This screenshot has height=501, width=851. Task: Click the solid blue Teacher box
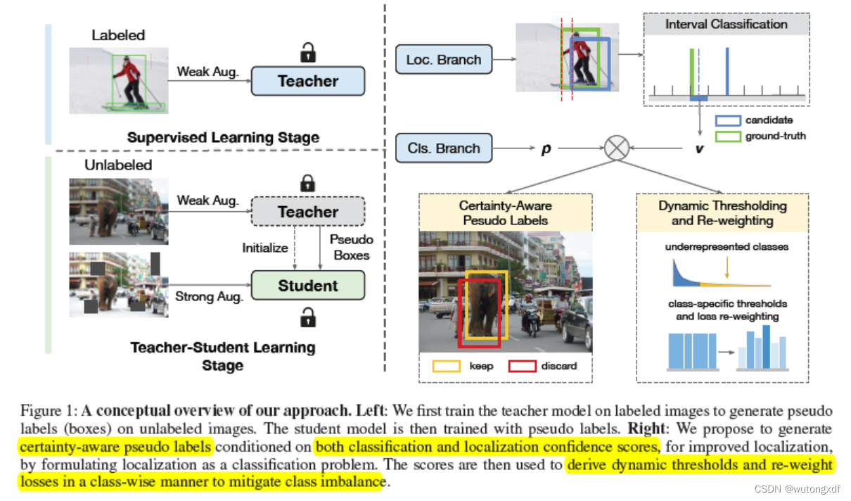(307, 81)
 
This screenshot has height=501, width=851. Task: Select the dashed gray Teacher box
(307, 212)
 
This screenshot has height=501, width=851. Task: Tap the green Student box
(307, 286)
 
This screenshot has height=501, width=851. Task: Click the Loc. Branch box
(444, 60)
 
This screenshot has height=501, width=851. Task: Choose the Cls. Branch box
(444, 148)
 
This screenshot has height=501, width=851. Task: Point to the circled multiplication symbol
(616, 148)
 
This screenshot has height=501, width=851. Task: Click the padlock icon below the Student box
(307, 317)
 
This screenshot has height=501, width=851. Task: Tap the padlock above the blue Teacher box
(307, 52)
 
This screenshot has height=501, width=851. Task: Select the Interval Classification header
(727, 24)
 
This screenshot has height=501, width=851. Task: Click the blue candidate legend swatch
(728, 120)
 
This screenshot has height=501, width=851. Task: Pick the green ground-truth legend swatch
(728, 136)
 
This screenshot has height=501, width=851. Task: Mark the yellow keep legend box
(445, 366)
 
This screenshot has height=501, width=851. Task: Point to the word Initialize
(265, 248)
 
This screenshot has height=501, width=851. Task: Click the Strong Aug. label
(210, 296)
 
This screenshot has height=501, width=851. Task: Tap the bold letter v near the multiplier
(700, 149)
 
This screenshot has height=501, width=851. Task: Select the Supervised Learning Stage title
(223, 137)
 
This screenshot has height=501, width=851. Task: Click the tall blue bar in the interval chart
(727, 70)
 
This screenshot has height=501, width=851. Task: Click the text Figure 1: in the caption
(49, 410)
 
